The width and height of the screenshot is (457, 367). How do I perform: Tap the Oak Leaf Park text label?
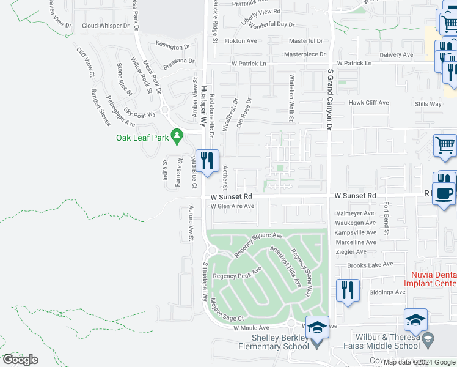pos(142,138)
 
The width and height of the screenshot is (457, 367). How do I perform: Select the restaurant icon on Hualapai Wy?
pos(207,161)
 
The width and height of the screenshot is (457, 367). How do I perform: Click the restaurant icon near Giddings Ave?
pos(348,291)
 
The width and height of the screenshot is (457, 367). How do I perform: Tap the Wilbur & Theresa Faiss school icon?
pos(415,319)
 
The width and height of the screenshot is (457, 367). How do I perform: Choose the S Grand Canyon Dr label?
pos(330,98)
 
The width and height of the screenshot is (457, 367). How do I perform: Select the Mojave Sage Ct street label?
pos(226,310)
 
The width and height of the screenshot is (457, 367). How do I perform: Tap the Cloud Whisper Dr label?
pos(106,26)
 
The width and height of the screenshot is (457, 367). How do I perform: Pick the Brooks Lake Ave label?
pos(368,265)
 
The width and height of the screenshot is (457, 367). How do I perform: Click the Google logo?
pos(20,359)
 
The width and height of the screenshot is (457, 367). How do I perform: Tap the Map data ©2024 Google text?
pos(419,362)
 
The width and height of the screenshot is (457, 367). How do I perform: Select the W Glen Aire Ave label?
pos(232,206)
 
